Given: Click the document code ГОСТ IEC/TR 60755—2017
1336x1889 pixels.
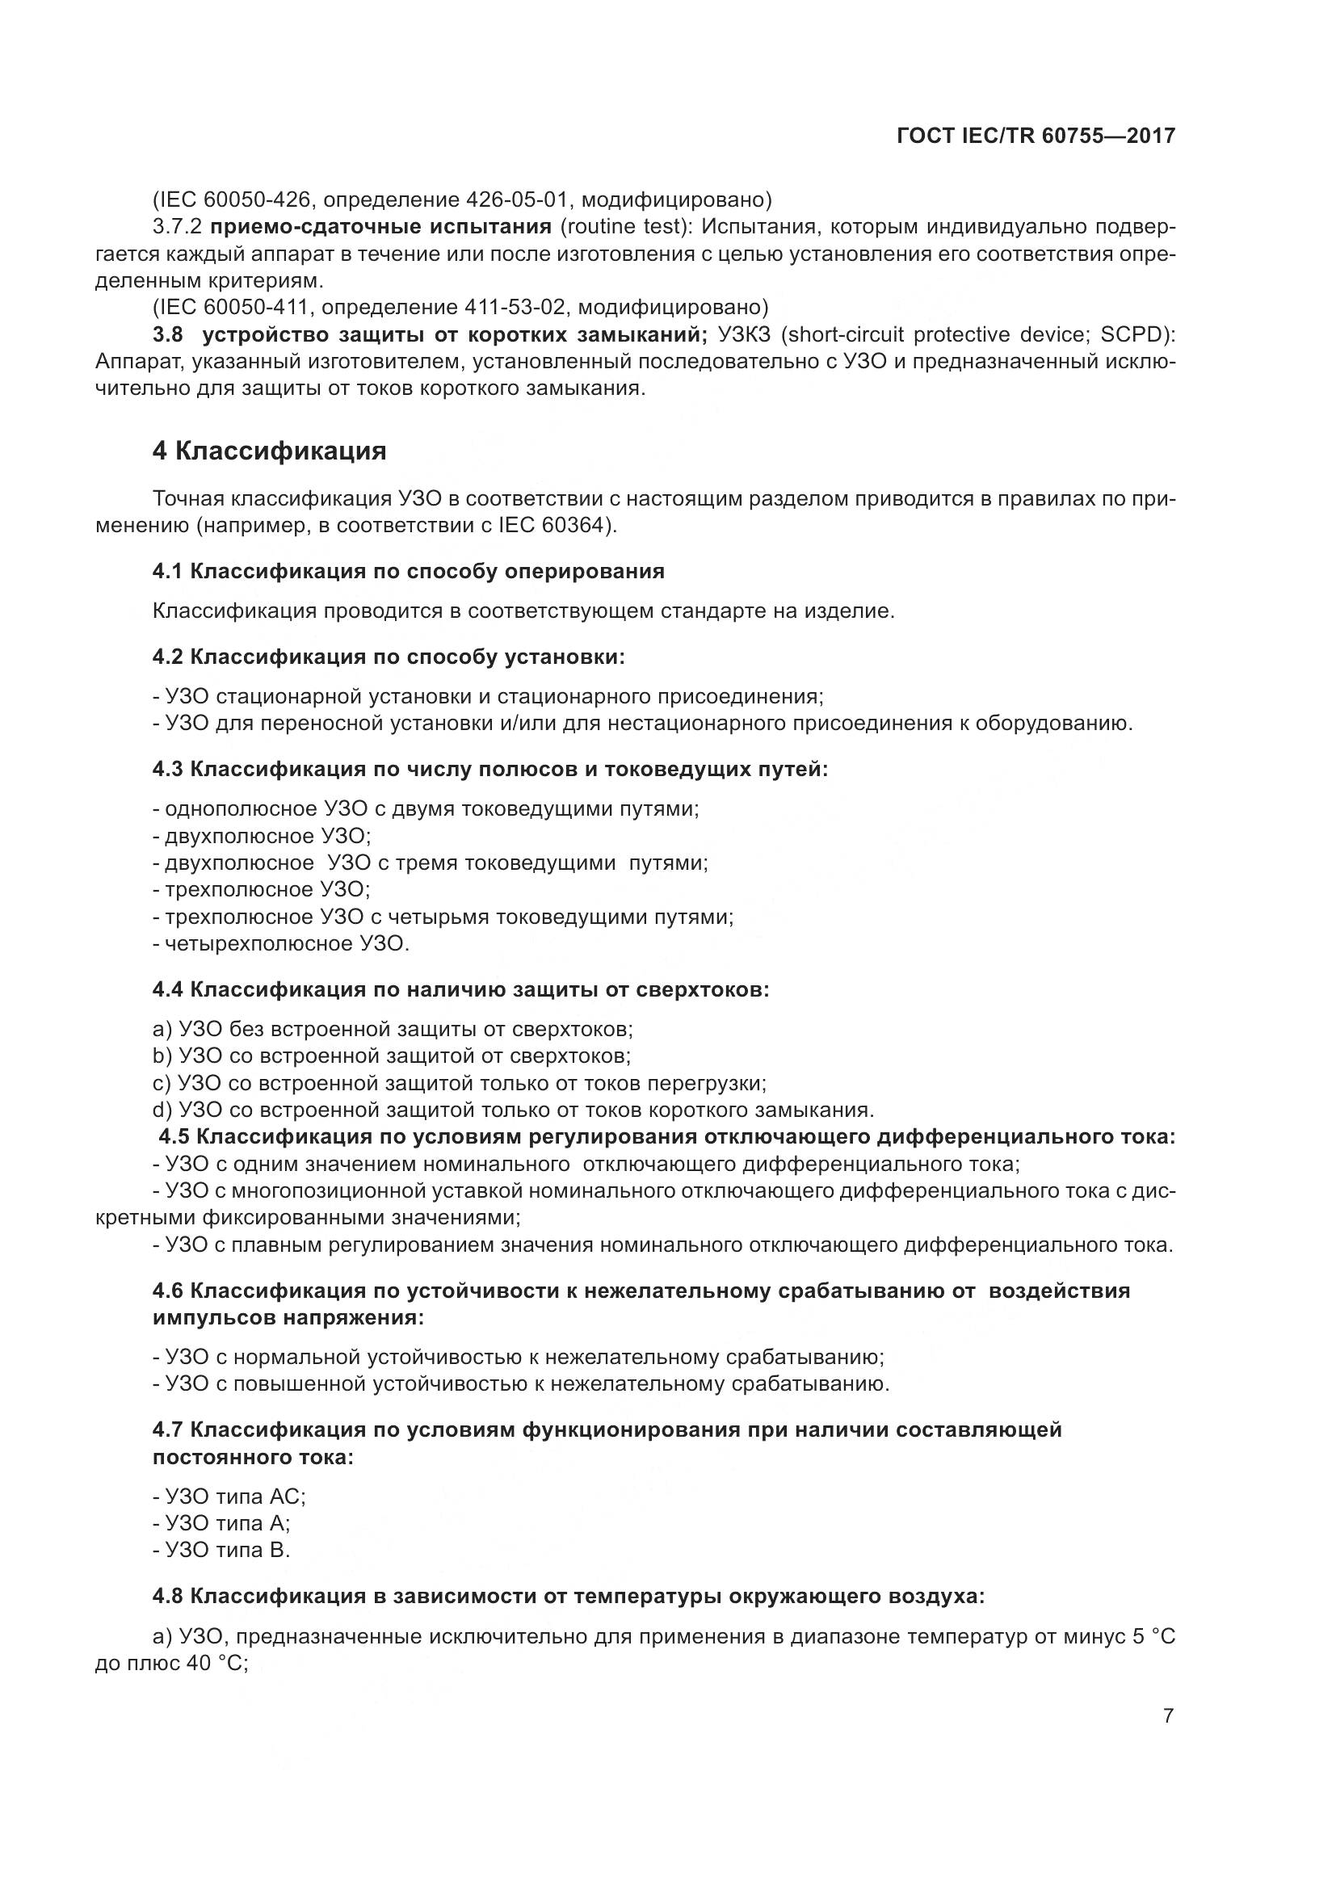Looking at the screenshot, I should tap(1036, 136).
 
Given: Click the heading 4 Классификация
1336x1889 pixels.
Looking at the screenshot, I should tap(269, 451).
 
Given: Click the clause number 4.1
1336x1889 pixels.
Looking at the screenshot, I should tap(167, 571).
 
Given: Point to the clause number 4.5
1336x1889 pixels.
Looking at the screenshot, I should tap(174, 1137).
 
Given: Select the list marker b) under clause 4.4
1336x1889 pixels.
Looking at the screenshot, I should tap(162, 1056).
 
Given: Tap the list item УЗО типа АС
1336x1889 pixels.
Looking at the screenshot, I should tap(234, 1497).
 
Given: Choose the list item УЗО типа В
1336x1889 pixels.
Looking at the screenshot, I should tap(227, 1551).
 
